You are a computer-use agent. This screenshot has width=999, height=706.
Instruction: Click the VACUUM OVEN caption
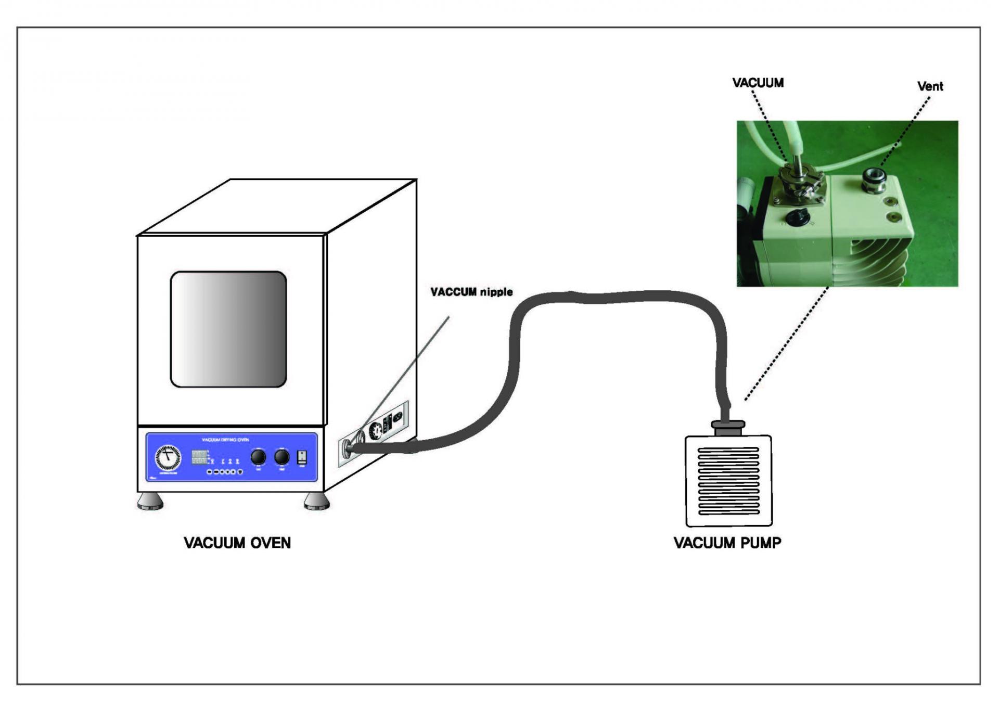pos(237,543)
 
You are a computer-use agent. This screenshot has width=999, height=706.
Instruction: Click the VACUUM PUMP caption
pos(727,543)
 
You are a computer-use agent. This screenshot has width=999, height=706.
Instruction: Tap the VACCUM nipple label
pos(471,292)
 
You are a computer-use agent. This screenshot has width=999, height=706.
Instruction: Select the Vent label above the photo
pos(930,86)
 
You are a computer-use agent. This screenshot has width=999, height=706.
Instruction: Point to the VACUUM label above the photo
pos(758,83)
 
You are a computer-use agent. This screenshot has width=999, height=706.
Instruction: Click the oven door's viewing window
pos(228,329)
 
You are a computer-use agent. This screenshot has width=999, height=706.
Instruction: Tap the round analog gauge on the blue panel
pos(168,457)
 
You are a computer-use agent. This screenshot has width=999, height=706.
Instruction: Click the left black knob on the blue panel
pos(258,457)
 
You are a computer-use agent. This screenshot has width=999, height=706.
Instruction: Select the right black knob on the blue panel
pos(281,457)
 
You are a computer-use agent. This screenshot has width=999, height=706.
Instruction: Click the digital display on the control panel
pos(199,457)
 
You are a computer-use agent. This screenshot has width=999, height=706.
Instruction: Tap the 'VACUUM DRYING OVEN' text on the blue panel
pos(225,440)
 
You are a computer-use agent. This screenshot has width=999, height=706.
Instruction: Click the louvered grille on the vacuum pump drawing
pos(728,481)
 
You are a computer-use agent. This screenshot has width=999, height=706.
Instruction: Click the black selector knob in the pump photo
pos(795,217)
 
